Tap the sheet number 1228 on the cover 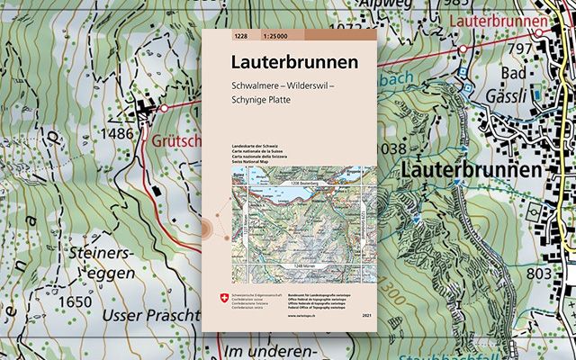pos(239,36)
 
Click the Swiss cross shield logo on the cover pos(211,298)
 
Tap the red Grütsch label pos(174,141)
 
